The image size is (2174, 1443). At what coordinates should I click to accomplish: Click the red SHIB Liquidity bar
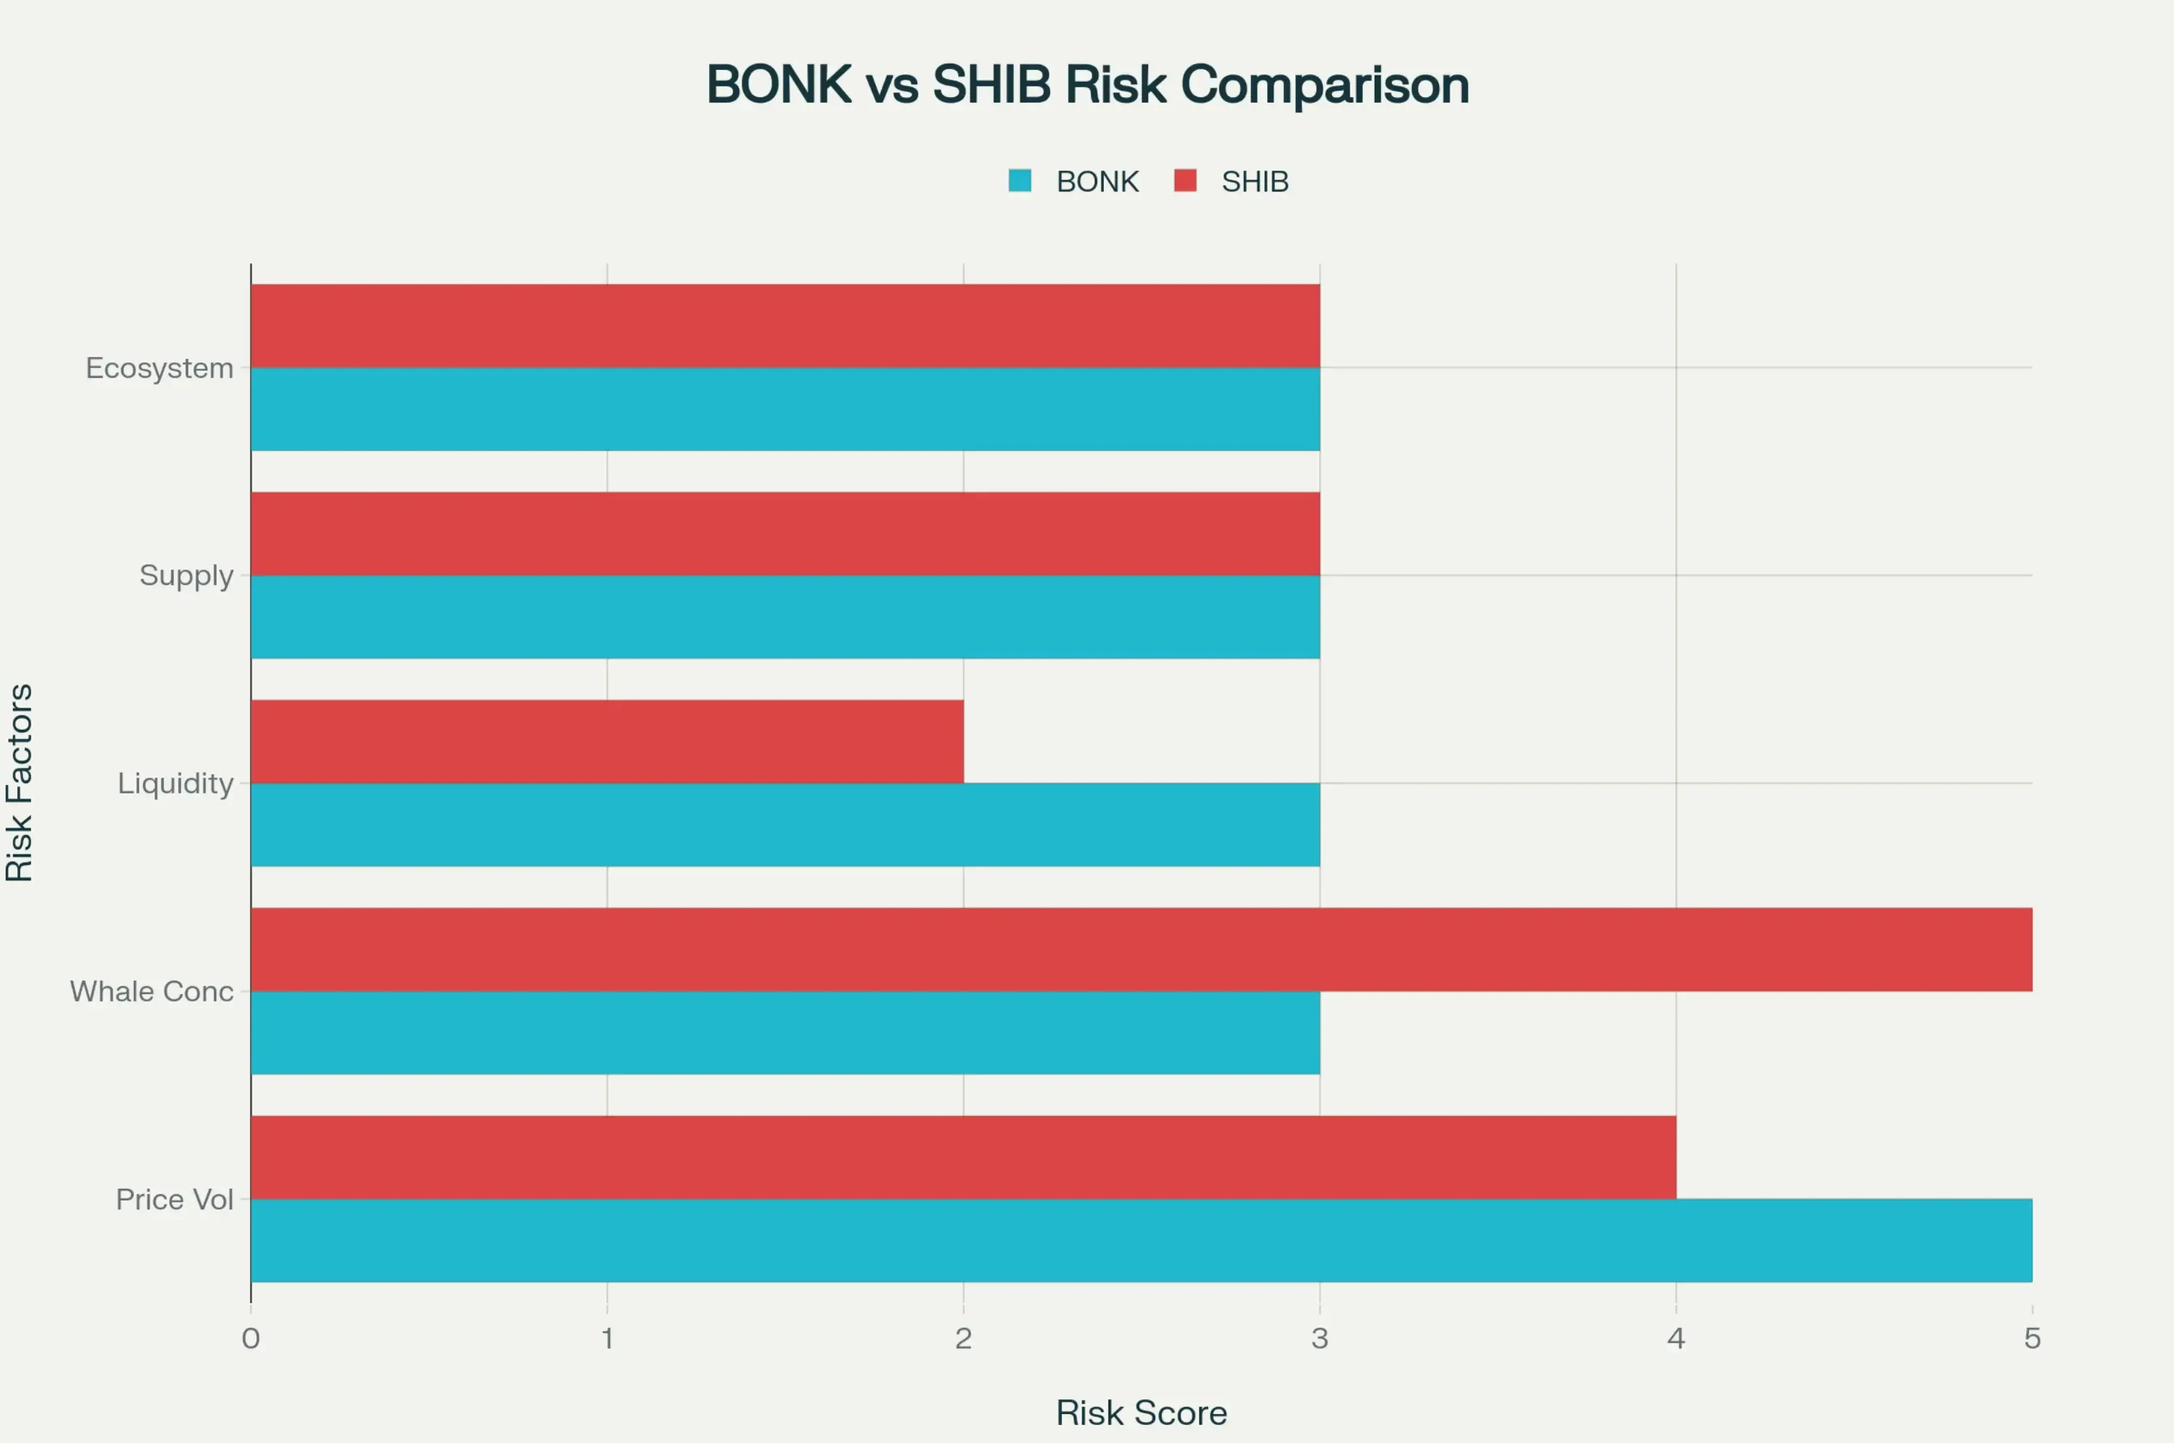(x=607, y=742)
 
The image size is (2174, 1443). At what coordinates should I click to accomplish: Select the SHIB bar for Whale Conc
(x=1141, y=950)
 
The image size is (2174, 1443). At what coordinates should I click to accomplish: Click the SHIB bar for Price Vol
(x=963, y=1157)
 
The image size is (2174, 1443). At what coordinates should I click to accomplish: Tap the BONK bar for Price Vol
(x=1141, y=1241)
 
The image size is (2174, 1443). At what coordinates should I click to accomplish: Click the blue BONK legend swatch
(x=1019, y=180)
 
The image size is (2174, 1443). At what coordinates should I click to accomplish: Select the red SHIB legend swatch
(x=1185, y=180)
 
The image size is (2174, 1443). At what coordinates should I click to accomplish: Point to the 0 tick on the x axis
(x=250, y=1338)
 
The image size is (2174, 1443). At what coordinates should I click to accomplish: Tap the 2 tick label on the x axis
(x=963, y=1338)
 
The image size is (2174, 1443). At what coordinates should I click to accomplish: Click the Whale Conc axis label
(x=152, y=991)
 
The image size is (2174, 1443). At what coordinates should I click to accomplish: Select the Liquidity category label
(x=175, y=783)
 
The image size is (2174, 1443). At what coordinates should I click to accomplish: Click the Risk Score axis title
(x=1141, y=1413)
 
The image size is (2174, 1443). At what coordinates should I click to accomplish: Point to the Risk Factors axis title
(x=19, y=783)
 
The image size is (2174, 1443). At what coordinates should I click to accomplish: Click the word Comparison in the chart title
(x=1325, y=85)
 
